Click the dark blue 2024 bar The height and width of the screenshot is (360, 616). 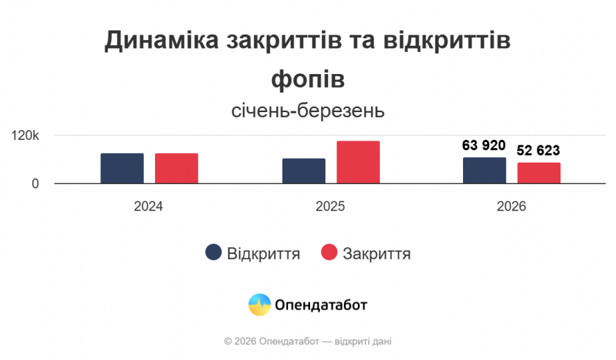(x=122, y=168)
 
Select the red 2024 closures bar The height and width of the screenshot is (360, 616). (x=176, y=168)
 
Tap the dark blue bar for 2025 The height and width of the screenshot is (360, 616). (x=304, y=171)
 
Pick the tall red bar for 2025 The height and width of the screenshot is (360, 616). (x=359, y=162)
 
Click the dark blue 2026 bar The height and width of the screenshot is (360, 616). (x=484, y=170)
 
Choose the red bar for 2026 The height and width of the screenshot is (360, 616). (x=539, y=173)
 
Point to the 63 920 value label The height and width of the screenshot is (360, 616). (x=484, y=145)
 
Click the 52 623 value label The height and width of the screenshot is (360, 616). (x=538, y=150)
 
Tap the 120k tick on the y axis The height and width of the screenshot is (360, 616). (x=26, y=136)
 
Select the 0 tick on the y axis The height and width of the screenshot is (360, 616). (x=35, y=183)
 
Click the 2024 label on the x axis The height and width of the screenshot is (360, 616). (x=149, y=206)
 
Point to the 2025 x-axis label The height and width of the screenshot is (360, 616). (x=330, y=206)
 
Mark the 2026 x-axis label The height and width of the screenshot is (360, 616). (x=511, y=206)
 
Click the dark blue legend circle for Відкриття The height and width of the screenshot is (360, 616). (x=214, y=253)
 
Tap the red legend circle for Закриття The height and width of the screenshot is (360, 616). (x=329, y=253)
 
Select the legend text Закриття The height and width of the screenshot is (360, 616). (x=377, y=253)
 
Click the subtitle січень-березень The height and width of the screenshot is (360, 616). (x=308, y=111)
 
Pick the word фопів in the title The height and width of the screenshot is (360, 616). (x=308, y=78)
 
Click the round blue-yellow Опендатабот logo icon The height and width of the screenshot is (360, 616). (x=260, y=305)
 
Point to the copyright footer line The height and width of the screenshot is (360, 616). (x=308, y=341)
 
